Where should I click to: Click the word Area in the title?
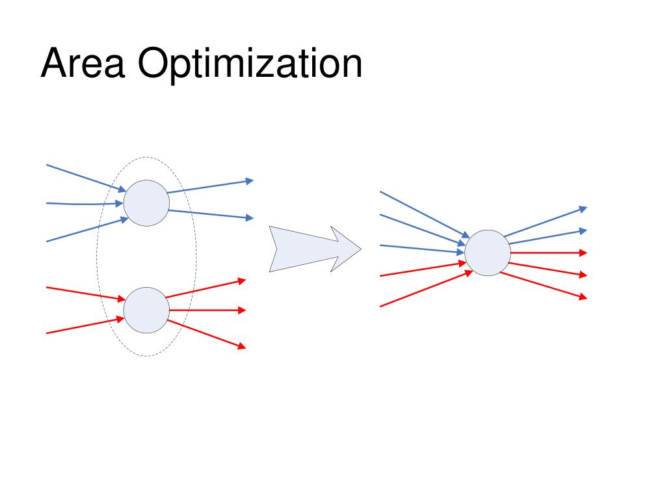point(82,64)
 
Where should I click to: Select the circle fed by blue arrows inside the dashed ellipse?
point(146,203)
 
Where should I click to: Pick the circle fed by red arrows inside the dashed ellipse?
point(146,310)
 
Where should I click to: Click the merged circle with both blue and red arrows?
point(488,253)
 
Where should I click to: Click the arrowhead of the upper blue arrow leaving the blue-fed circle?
point(249,181)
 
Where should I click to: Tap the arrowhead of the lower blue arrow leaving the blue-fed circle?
point(249,218)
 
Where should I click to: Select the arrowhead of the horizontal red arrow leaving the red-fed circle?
point(242,311)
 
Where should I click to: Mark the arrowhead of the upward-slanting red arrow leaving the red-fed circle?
point(242,281)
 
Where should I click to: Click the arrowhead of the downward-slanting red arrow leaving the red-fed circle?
point(241,346)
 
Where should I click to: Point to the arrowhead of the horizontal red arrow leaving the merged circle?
point(583,253)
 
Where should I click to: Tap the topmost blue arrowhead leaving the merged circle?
point(583,209)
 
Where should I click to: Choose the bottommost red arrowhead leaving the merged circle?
point(583,297)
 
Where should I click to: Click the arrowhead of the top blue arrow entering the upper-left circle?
point(122,189)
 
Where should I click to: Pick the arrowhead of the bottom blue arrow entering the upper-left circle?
point(124,219)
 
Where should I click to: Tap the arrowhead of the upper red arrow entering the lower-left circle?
point(121,299)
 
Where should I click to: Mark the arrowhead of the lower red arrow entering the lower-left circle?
point(120,319)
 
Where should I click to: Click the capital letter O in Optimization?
point(153,64)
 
